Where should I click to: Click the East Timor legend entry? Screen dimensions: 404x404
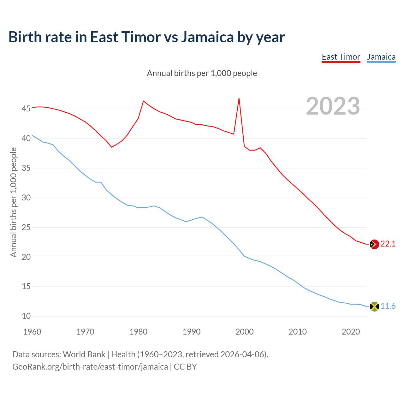click(x=341, y=57)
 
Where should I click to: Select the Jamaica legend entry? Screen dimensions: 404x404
click(x=381, y=57)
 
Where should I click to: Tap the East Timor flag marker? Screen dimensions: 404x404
click(x=374, y=244)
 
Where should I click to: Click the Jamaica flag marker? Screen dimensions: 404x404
click(x=374, y=306)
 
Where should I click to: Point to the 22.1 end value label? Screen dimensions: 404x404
click(x=388, y=244)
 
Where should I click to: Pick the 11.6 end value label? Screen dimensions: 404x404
click(x=388, y=306)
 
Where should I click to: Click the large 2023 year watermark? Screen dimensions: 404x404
click(x=333, y=106)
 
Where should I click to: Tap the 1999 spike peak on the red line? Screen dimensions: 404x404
click(x=239, y=98)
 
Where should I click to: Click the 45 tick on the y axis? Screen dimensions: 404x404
click(x=26, y=109)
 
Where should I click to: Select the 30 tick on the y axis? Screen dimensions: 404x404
click(x=26, y=198)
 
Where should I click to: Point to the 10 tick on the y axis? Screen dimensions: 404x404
click(x=26, y=316)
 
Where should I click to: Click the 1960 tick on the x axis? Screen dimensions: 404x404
click(x=32, y=332)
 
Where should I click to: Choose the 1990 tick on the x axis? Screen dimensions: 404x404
click(x=192, y=332)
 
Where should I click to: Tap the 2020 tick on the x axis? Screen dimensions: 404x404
click(x=351, y=332)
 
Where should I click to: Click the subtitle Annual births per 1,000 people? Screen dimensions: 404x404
click(x=202, y=73)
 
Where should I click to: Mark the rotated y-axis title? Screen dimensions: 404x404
click(x=13, y=202)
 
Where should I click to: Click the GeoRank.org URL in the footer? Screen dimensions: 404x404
click(x=90, y=367)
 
